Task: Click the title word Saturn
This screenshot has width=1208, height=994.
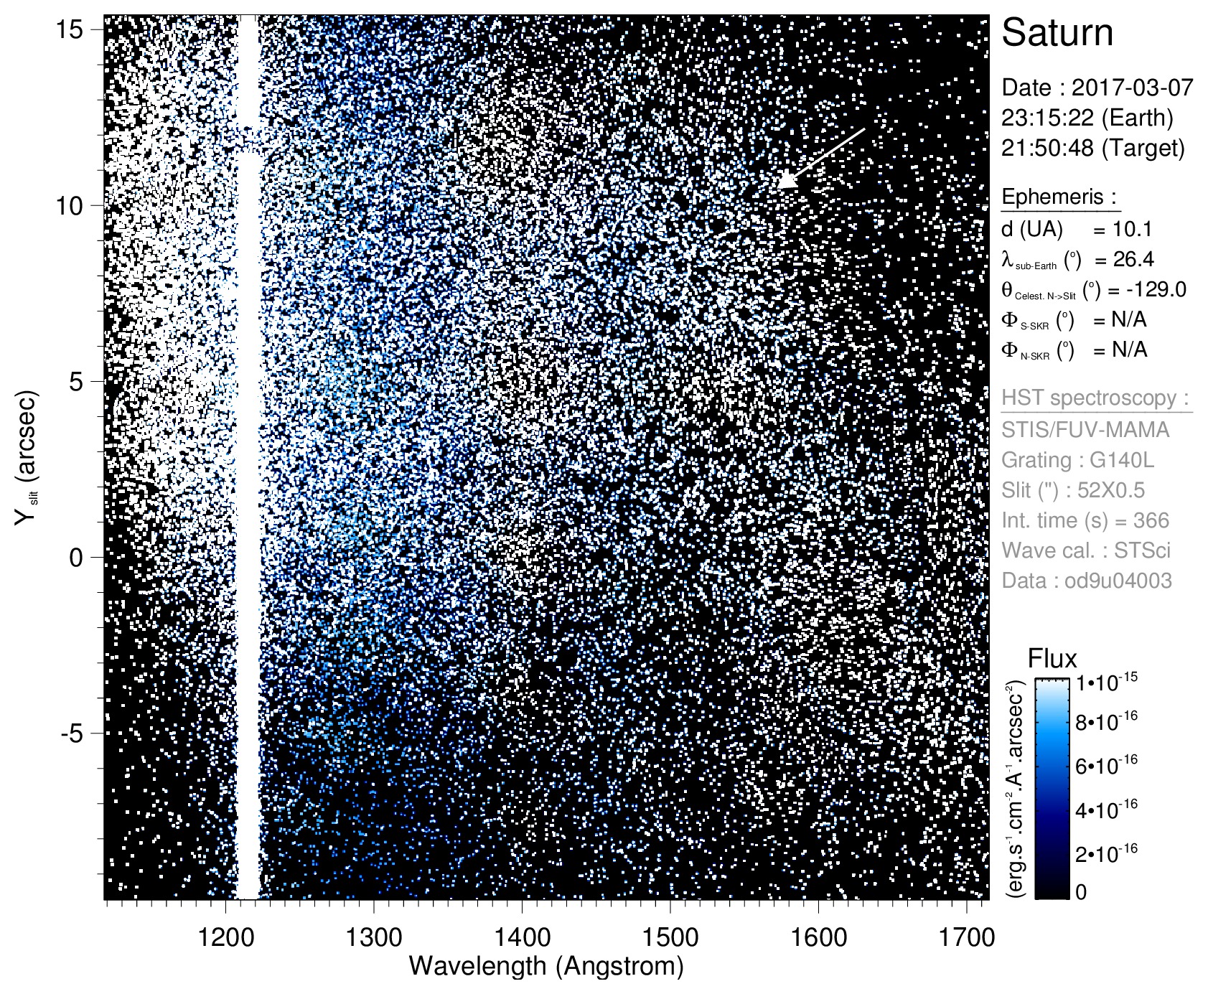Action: pos(1057,33)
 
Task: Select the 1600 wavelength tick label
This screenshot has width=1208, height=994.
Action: pos(818,937)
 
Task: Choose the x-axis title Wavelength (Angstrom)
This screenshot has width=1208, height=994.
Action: pos(546,966)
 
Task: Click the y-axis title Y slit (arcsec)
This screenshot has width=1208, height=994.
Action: pos(27,466)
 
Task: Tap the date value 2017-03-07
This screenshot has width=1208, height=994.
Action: pos(1132,88)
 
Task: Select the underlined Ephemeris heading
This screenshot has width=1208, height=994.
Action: pos(1059,197)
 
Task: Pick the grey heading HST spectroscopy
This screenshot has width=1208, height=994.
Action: pos(1096,398)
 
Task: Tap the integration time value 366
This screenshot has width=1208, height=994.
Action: pos(1149,520)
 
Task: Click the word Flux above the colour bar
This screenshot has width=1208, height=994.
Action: pos(1052,659)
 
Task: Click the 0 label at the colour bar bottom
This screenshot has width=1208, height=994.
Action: pos(1081,892)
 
